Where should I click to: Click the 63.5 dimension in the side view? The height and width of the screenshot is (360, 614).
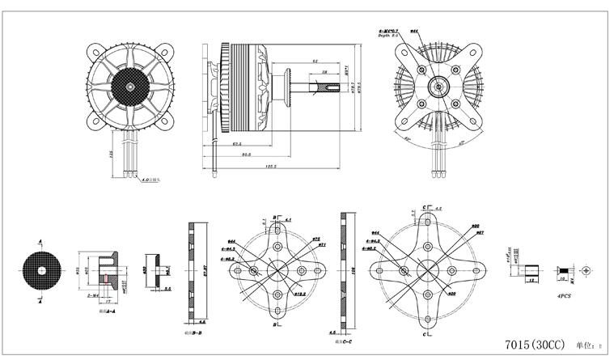point(238,144)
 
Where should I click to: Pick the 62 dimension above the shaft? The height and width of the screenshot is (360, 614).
point(313,61)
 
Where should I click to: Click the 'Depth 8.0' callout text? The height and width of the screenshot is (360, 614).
point(388,37)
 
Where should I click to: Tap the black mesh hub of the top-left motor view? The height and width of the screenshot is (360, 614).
point(131,83)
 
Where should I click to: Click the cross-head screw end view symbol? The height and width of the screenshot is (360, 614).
point(587,269)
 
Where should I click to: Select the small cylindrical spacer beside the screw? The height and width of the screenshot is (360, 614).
point(532,270)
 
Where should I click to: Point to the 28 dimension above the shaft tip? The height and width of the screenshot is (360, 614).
point(324,72)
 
